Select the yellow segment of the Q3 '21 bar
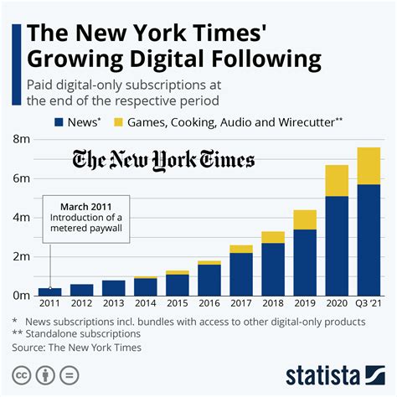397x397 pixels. [369, 165]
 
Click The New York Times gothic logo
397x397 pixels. [164, 160]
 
